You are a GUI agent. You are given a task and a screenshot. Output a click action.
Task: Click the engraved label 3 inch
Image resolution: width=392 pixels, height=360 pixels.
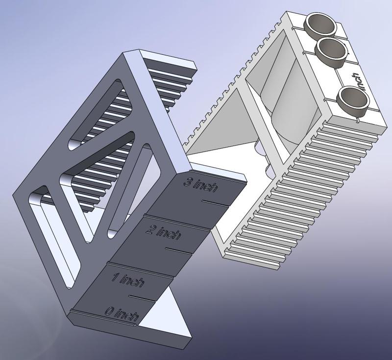200,185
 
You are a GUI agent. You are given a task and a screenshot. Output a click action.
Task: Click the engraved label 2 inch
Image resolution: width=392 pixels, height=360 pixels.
163,232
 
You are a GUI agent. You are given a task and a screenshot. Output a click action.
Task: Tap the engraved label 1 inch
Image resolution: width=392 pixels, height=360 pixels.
127,281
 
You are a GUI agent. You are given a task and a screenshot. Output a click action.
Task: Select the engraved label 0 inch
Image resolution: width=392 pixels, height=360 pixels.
121,313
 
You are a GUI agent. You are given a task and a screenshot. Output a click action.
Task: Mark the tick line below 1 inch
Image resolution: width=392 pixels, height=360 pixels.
142,297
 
